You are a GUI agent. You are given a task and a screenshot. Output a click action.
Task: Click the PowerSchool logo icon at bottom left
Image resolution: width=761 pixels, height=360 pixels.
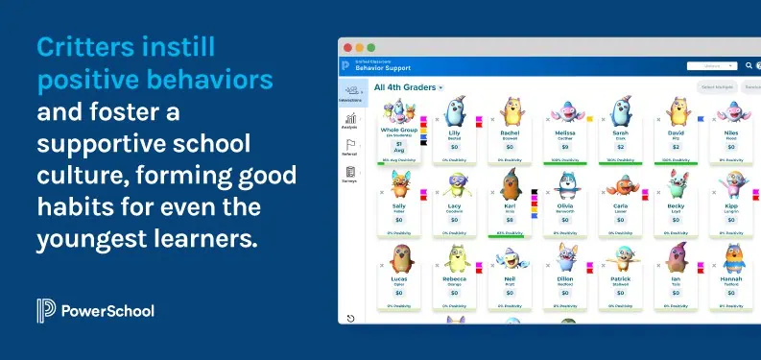coord(44,310)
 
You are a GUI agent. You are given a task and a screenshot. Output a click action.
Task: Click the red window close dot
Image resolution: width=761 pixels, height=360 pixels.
coord(347,47)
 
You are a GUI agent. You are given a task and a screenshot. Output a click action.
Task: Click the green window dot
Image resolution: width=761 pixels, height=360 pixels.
coord(370,47)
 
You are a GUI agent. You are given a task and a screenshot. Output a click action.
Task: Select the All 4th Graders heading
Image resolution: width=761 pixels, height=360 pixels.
coord(405,87)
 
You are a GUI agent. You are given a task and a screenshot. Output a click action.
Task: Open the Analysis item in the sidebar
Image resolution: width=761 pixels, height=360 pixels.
coord(350,122)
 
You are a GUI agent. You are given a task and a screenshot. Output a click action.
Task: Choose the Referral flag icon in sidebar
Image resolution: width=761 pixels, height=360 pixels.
coord(350,147)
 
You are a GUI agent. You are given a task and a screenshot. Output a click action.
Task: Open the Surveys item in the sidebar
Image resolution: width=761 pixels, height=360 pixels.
coord(350,175)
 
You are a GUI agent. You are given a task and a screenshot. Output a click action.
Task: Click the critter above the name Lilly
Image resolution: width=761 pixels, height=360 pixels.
coord(455,111)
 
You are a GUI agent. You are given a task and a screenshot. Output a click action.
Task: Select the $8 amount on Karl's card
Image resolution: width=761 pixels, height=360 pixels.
coord(510,219)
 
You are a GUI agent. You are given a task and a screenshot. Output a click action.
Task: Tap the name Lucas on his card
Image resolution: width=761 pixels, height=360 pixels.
coord(399,279)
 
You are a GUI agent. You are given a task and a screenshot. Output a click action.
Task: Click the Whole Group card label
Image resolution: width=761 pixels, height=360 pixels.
coord(399,130)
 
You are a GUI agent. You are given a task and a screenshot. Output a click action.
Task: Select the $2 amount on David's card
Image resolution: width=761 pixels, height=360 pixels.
coord(676,147)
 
